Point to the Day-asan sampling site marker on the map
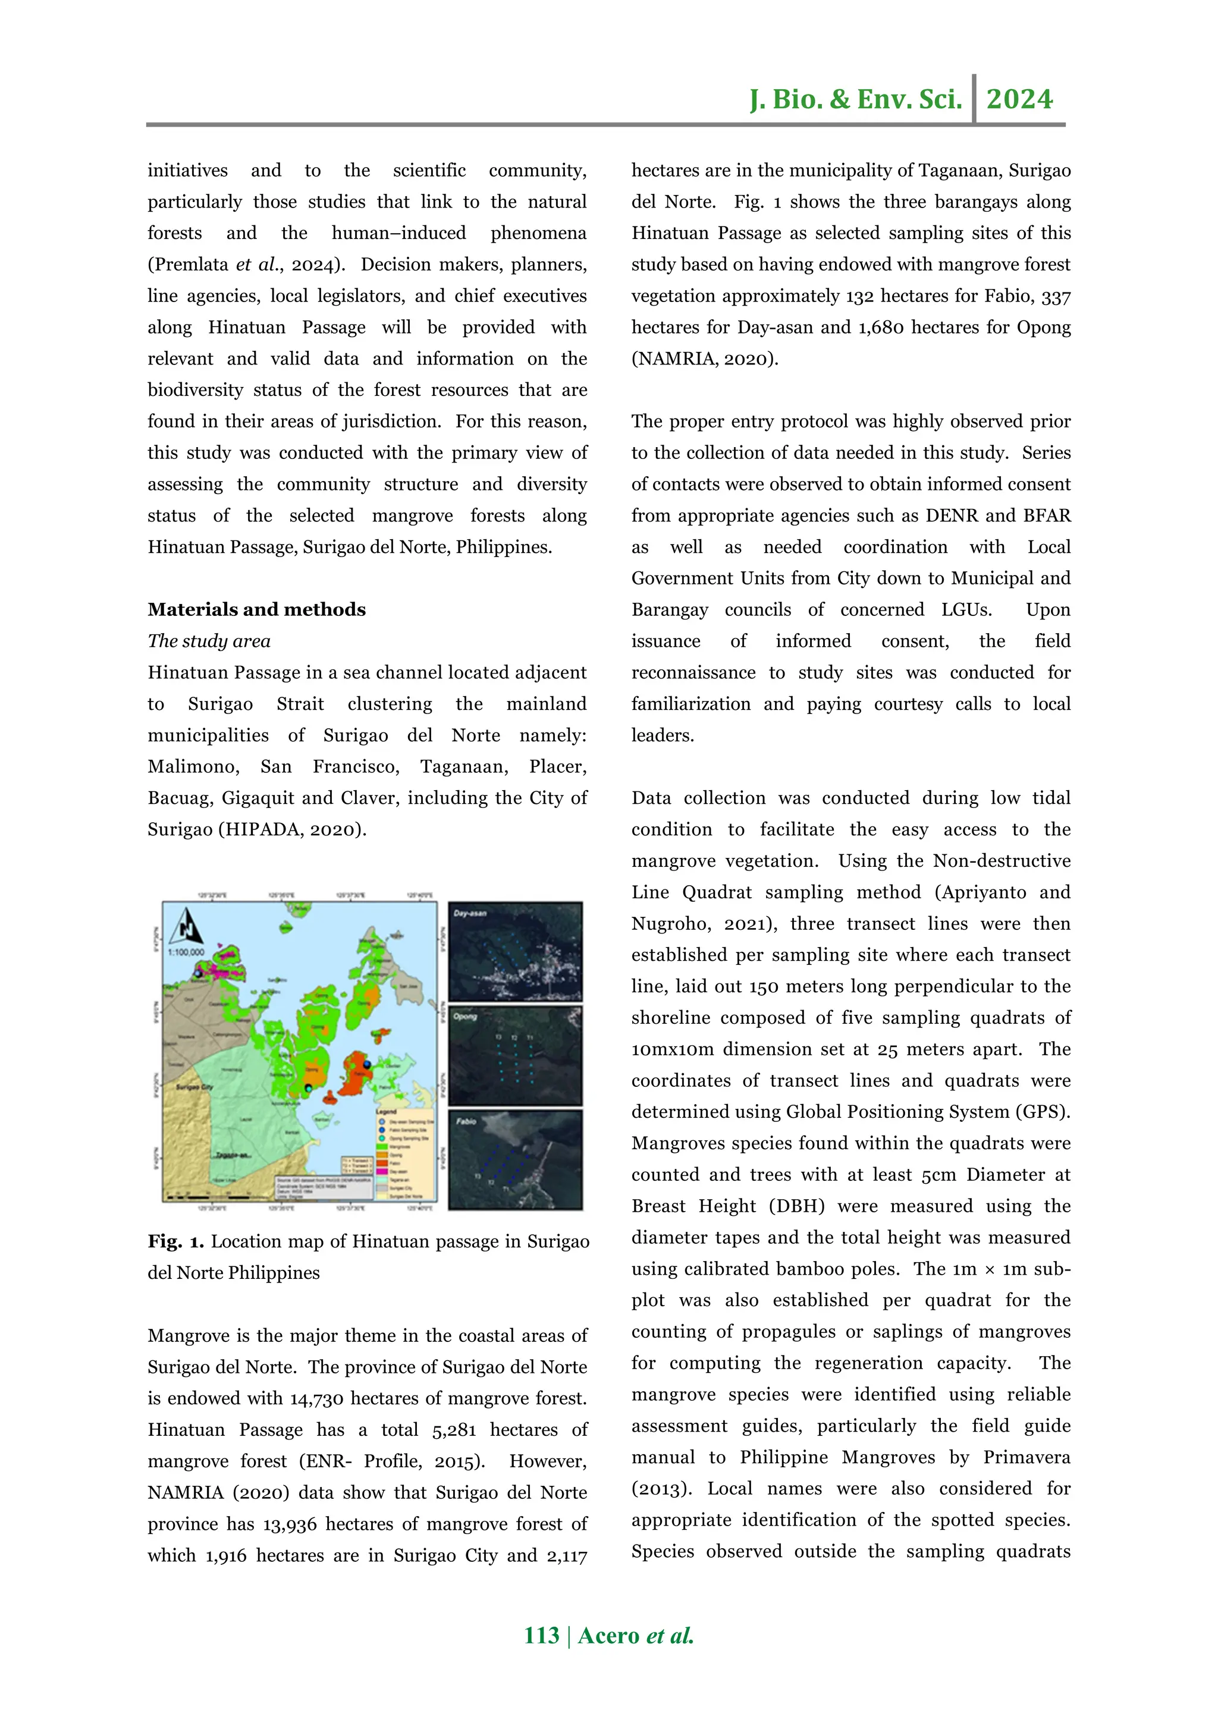(x=198, y=973)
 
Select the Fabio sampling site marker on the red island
(x=367, y=1064)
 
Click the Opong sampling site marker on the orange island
(x=309, y=1088)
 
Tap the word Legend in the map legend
(x=387, y=1111)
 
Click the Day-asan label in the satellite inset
(x=470, y=913)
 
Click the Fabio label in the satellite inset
(x=466, y=1121)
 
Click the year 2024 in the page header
(x=1019, y=99)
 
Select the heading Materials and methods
(x=257, y=609)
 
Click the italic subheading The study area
(x=209, y=641)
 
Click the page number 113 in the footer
(x=542, y=1635)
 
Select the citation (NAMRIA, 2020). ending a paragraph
(x=705, y=359)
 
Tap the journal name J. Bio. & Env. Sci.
(x=856, y=99)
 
